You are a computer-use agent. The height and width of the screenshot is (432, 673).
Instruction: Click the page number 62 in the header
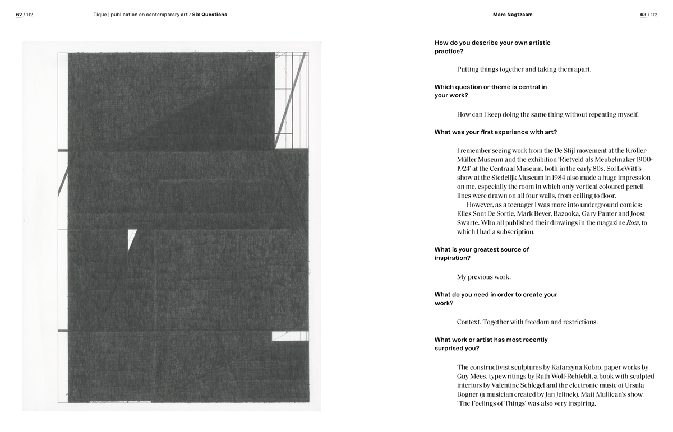[19, 15]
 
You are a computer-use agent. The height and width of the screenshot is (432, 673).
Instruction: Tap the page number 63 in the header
[643, 15]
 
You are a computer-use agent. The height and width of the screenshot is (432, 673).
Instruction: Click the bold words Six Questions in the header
[210, 15]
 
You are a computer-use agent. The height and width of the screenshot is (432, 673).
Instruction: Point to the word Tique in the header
[100, 15]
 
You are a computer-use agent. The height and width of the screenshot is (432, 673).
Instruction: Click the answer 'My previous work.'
[484, 277]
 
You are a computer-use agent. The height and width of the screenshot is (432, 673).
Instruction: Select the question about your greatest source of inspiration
[481, 254]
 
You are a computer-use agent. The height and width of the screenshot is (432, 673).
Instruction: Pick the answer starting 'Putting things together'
[524, 69]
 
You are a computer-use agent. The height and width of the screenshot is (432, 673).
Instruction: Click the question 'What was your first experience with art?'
[495, 132]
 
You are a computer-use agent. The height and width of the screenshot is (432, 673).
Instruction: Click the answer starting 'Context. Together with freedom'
[527, 322]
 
